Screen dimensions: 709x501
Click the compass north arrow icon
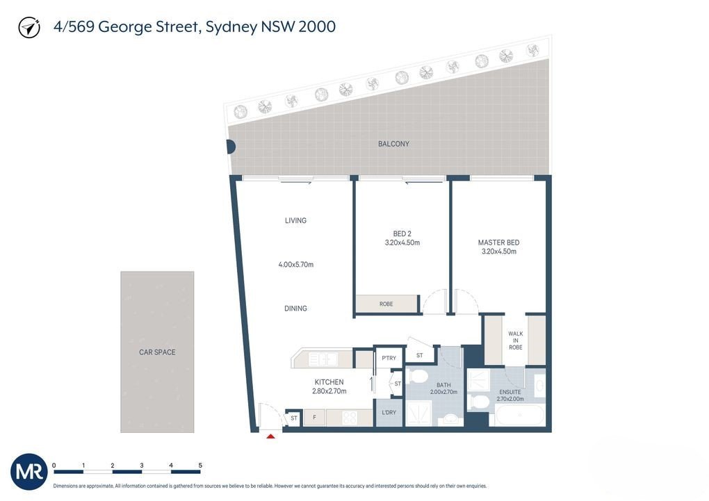click(29, 28)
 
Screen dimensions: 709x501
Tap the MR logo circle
click(29, 472)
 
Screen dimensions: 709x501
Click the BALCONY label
click(393, 144)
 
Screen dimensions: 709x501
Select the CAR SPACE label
click(157, 352)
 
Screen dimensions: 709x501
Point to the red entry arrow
click(270, 436)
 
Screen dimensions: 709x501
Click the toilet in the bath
click(416, 375)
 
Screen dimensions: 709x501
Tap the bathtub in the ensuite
click(519, 415)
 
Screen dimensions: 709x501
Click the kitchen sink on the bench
click(323, 359)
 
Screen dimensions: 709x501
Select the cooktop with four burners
click(349, 418)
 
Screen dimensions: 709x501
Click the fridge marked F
click(314, 418)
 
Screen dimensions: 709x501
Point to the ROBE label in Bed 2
click(386, 304)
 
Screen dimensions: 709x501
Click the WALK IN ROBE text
click(516, 340)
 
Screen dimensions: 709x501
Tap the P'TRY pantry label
click(389, 358)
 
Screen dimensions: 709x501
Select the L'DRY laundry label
click(389, 412)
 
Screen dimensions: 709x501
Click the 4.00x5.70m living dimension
click(295, 265)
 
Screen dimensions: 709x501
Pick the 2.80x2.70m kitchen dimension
click(329, 391)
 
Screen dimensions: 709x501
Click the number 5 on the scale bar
click(200, 465)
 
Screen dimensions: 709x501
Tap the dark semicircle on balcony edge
click(231, 147)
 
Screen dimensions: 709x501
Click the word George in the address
click(125, 27)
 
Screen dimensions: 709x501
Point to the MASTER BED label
click(499, 243)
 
